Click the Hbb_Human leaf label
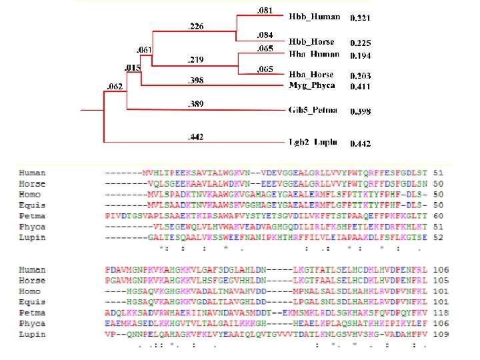point(315,16)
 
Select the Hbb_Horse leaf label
point(312,41)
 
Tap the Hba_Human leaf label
point(314,53)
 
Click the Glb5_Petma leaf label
point(313,109)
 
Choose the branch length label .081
point(265,9)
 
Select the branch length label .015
point(132,67)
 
